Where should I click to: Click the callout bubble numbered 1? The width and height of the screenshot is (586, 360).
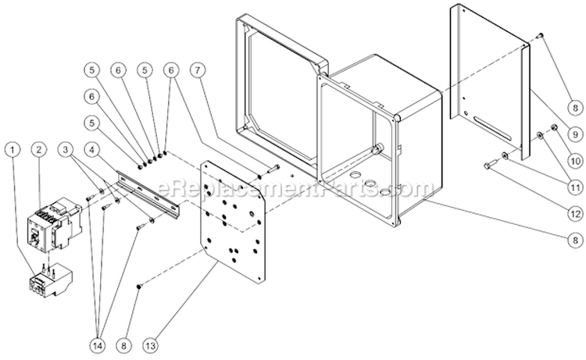(13, 150)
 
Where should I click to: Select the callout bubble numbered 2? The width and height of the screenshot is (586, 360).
(39, 150)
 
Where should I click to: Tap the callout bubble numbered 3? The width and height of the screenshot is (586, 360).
(66, 150)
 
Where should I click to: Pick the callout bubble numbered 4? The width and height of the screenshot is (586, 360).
(92, 150)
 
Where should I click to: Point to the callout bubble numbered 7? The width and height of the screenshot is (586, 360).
(198, 70)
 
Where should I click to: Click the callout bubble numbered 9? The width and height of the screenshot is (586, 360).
(575, 134)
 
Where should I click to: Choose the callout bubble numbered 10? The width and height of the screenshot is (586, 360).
(575, 161)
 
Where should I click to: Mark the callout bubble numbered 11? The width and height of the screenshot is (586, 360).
(575, 187)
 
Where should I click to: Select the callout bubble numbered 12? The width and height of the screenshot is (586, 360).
(575, 214)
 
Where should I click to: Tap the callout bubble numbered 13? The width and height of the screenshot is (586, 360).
(150, 345)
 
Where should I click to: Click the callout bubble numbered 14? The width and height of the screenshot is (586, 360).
(98, 345)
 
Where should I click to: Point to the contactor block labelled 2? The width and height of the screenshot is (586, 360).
(55, 223)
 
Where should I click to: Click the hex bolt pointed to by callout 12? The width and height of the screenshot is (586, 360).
(490, 163)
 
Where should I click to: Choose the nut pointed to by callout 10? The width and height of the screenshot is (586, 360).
(555, 127)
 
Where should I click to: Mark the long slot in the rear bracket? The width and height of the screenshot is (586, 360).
(495, 127)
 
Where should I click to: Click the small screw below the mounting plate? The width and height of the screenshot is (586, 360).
(139, 286)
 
